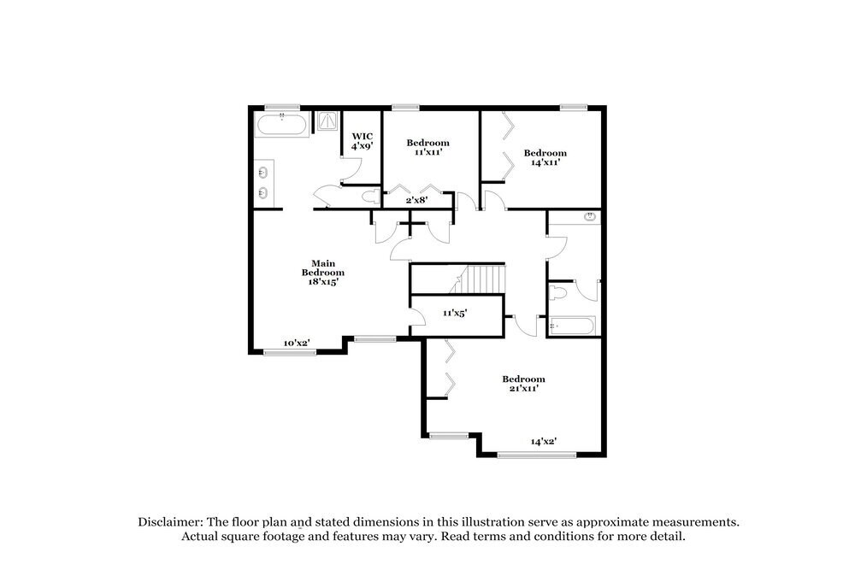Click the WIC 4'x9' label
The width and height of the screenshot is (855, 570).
(362, 140)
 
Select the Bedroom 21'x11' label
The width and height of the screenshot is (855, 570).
(523, 384)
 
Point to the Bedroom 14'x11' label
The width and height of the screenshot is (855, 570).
(545, 158)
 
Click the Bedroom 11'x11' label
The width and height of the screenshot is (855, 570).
(427, 147)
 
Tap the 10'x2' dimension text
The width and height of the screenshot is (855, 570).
(297, 344)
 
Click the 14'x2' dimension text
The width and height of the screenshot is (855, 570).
(544, 442)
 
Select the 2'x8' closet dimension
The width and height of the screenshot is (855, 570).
(416, 200)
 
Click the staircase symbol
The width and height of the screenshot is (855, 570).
(483, 278)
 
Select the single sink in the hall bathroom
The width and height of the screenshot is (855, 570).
(588, 217)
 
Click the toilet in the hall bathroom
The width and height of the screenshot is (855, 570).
(559, 294)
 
